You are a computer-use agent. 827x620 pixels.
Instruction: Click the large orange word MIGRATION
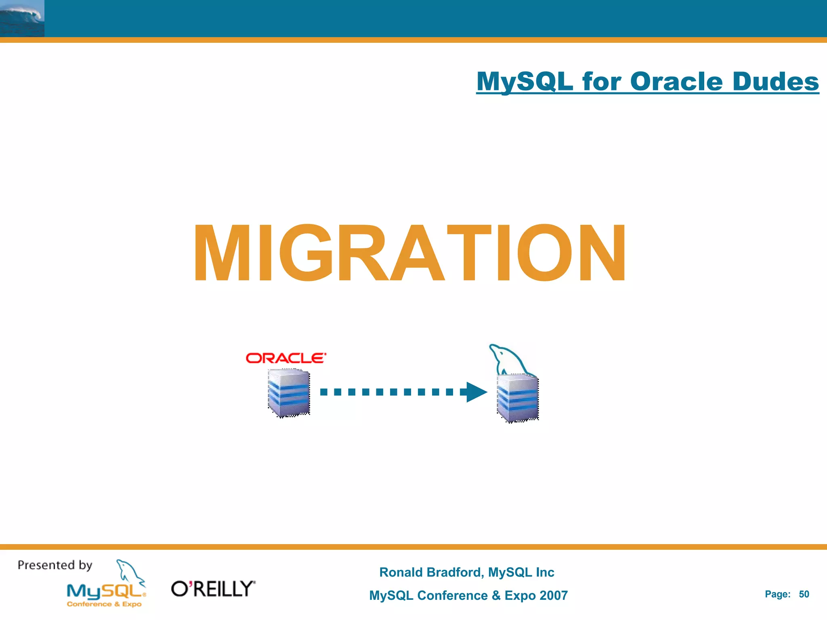(409, 253)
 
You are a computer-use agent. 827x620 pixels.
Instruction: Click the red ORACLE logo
(285, 358)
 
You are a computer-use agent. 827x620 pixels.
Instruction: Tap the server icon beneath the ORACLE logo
(289, 393)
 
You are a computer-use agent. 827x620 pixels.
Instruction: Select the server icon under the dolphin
(518, 398)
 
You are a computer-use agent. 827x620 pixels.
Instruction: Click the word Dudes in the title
(775, 82)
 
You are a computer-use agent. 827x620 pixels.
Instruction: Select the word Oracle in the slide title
(676, 82)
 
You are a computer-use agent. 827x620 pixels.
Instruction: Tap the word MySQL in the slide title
(525, 82)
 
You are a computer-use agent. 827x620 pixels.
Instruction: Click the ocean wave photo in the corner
(22, 18)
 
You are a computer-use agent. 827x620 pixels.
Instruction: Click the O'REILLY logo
(213, 589)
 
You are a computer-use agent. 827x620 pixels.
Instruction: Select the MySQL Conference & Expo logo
(106, 595)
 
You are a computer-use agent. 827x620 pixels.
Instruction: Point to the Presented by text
(55, 565)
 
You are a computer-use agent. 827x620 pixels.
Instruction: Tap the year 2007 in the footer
(553, 595)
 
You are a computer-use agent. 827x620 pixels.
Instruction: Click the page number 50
(804, 594)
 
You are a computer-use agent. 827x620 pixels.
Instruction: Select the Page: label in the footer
(777, 594)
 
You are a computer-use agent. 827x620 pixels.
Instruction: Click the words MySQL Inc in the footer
(521, 572)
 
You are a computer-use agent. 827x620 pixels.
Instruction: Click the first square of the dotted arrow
(324, 392)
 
